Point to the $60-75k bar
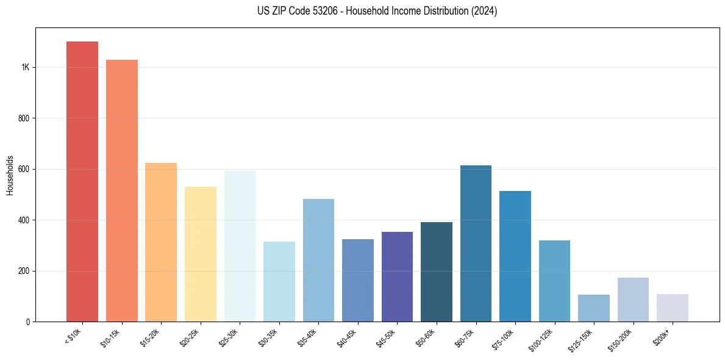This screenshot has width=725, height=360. click(x=476, y=243)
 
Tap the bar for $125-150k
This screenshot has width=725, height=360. click(x=594, y=308)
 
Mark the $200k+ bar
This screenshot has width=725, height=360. click(x=673, y=308)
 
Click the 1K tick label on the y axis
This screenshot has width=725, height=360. click(x=25, y=67)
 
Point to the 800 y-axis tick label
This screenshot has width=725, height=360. click(x=24, y=118)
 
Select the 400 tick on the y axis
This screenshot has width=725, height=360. click(x=24, y=220)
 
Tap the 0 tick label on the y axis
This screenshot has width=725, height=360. click(x=28, y=322)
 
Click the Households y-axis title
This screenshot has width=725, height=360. click(x=10, y=175)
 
